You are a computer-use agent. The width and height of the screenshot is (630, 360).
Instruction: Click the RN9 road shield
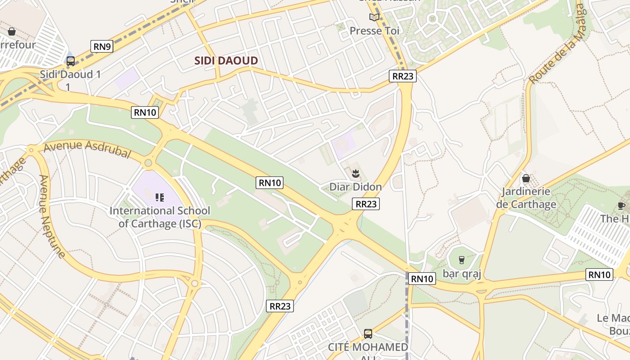tap(102, 46)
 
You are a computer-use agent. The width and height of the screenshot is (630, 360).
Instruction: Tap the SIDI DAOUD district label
tap(226, 61)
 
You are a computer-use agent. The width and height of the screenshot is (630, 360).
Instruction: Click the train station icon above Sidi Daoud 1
tap(71, 61)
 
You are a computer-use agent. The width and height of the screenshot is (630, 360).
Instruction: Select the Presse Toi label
tap(374, 31)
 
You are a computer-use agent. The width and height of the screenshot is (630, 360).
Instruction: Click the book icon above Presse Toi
tap(374, 18)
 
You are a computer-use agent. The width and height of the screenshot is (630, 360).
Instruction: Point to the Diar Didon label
tap(355, 187)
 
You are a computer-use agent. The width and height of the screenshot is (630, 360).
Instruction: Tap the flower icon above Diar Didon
tap(355, 172)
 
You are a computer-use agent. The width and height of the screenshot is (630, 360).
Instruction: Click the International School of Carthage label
tap(160, 216)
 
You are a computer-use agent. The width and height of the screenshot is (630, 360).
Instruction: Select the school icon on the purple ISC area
tap(160, 197)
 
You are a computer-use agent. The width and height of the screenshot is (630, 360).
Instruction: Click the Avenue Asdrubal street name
tap(87, 149)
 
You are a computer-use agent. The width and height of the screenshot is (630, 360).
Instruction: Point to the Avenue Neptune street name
tap(51, 216)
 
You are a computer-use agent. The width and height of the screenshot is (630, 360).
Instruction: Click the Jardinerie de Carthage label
tap(526, 198)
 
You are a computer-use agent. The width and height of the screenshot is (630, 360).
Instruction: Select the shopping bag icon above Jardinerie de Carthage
tap(526, 179)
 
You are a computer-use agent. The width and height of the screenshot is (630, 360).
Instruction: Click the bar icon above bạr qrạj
tap(461, 260)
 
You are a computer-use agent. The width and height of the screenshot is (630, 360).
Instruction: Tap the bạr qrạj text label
tap(462, 274)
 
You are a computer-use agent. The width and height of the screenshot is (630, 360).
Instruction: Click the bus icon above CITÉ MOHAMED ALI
tap(368, 333)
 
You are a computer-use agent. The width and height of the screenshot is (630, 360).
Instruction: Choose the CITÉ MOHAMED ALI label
tap(368, 348)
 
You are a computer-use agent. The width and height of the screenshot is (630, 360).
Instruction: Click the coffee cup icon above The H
tap(621, 206)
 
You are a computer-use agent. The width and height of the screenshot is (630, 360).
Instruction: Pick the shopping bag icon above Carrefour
tap(12, 31)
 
